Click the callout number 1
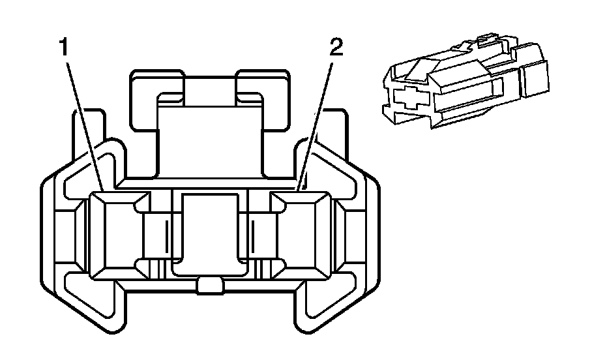click(64, 48)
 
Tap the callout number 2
click(334, 50)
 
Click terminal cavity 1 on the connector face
click(111, 235)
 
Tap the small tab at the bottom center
click(209, 285)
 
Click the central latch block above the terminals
click(209, 140)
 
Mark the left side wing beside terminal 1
click(65, 235)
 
